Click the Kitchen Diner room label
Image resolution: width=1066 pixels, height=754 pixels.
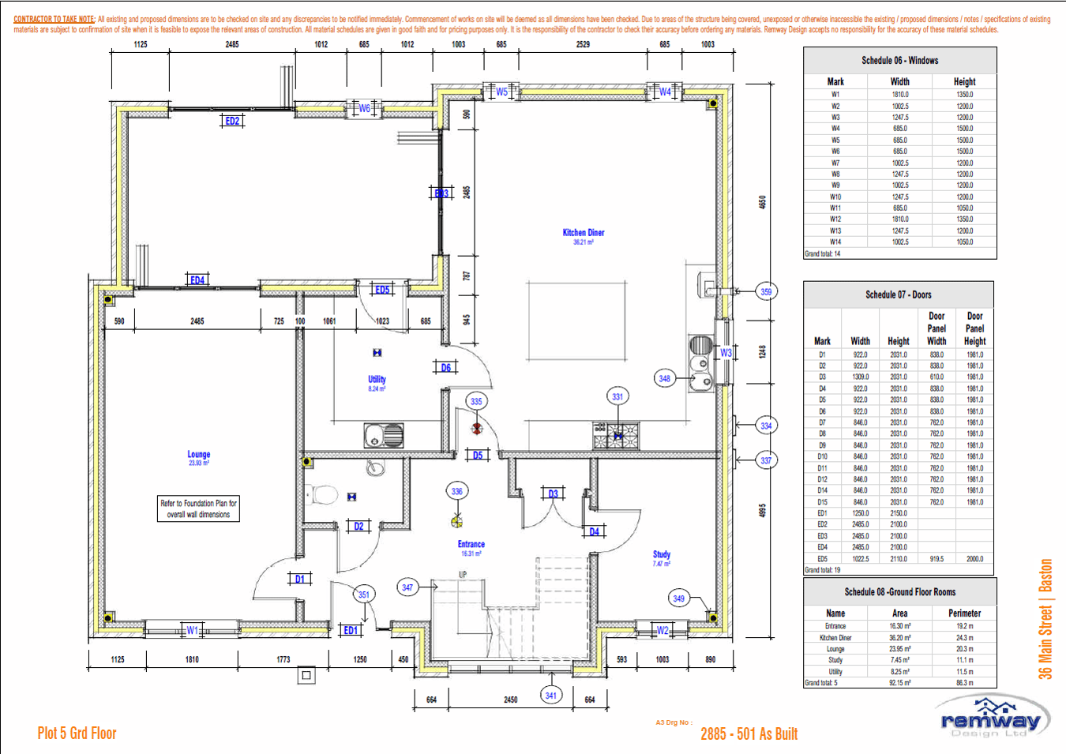583,233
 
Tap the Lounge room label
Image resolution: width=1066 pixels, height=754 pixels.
199,455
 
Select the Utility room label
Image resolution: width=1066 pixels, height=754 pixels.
377,380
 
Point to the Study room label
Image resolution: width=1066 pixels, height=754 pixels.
662,555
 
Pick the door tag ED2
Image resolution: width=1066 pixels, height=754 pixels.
232,121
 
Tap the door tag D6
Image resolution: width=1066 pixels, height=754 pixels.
446,368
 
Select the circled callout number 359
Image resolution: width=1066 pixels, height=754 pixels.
766,292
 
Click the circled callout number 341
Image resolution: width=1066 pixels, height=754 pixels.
550,696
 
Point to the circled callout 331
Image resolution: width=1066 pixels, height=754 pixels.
617,397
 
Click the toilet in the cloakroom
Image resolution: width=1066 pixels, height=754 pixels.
324,496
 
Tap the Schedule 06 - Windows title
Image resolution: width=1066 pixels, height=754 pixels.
899,61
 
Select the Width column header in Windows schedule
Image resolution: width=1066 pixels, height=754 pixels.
899,82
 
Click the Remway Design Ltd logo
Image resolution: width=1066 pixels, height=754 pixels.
991,719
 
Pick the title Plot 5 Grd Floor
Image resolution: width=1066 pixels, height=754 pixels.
77,733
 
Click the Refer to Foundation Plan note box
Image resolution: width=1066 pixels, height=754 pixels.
199,509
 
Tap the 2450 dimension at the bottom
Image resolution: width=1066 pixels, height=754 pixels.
511,700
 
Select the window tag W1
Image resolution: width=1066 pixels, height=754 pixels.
192,631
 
